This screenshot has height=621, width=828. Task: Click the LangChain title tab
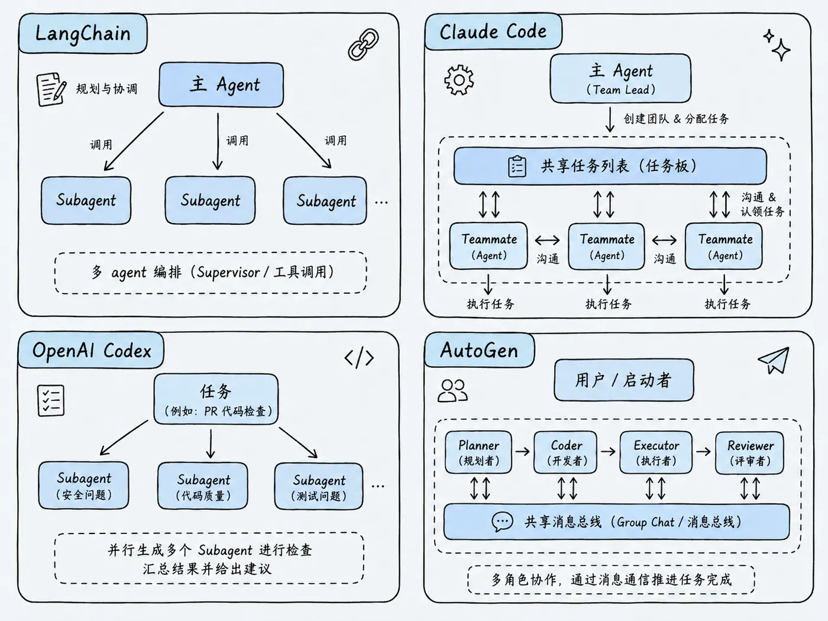coord(83,34)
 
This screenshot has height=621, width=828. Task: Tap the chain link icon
coord(364,44)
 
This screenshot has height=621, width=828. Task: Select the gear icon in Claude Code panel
coord(459,80)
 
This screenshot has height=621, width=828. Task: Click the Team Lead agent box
coord(620,79)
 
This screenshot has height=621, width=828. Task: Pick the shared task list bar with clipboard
coord(610,166)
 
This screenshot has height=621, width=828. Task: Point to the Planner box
coord(478,452)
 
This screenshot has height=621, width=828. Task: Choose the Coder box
coord(565,452)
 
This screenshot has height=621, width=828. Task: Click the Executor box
coord(656,452)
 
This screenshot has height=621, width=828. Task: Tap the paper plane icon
coord(774,360)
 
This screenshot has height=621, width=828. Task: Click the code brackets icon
coord(359,357)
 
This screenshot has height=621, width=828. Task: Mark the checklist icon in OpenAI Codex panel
coord(51,400)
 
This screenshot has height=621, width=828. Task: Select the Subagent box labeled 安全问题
coord(84,485)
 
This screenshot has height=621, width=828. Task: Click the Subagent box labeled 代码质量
coord(203,486)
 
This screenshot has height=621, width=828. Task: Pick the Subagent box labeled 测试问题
coord(319,486)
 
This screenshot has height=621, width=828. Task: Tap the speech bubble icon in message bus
coord(502,522)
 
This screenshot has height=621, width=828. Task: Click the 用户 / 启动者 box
coord(624,380)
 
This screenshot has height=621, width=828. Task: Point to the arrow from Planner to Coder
coord(522,451)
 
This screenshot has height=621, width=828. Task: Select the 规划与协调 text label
coord(107,89)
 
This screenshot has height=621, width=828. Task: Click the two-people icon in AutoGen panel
coord(452,390)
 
